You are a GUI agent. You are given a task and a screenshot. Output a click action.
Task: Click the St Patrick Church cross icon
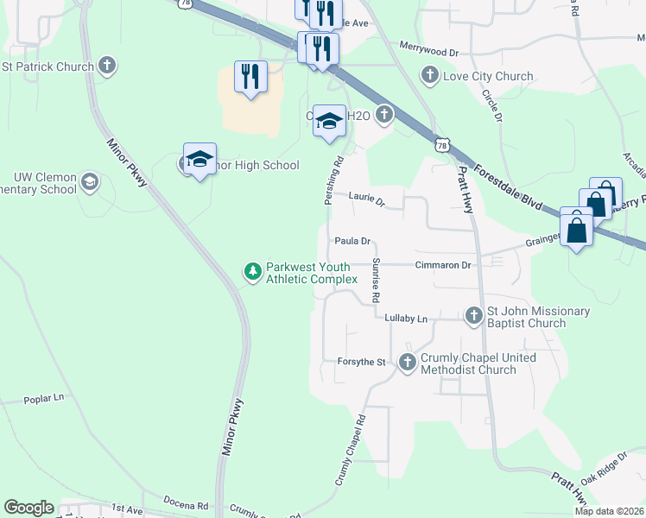(x=107, y=66)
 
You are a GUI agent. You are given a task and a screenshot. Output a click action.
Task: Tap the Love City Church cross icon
(x=429, y=76)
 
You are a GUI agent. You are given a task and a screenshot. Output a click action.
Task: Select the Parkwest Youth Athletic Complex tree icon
(x=253, y=272)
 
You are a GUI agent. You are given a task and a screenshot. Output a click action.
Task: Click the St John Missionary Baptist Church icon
(x=473, y=317)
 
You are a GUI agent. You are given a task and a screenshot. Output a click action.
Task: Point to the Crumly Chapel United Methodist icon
(x=408, y=363)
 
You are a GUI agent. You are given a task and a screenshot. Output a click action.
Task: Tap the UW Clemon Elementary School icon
(x=89, y=182)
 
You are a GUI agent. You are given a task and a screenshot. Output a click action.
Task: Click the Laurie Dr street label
(x=366, y=198)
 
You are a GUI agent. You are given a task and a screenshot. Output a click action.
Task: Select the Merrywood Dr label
(x=428, y=53)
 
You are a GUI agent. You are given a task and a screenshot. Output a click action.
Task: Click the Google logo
(x=28, y=508)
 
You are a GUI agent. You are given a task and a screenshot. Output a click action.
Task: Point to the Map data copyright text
(x=609, y=511)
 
